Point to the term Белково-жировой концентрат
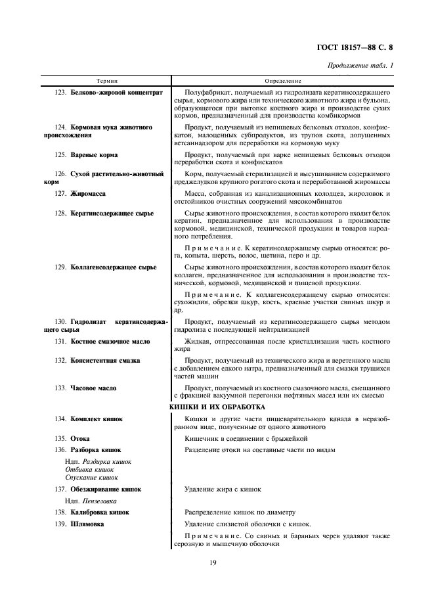116,93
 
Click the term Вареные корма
94,155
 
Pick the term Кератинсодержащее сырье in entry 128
112,214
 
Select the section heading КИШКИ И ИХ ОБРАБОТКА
217,407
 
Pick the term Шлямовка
87,524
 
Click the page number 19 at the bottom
213,562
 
